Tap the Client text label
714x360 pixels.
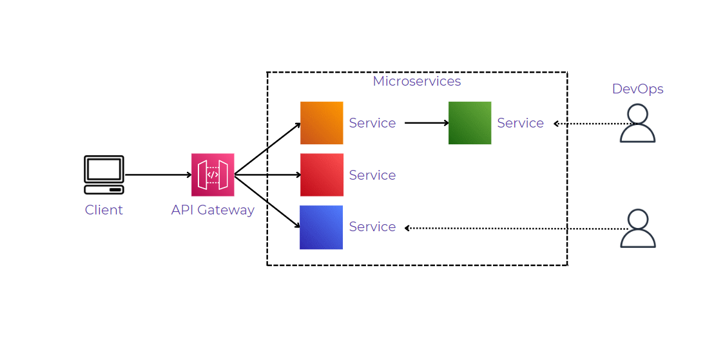tap(104, 210)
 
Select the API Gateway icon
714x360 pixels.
tap(213, 175)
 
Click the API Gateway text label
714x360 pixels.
tap(213, 210)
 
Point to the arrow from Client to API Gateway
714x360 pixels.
tap(158, 175)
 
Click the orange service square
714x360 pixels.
tap(322, 123)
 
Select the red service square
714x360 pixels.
tap(322, 175)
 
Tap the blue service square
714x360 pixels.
tap(322, 227)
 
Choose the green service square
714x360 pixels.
tap(470, 123)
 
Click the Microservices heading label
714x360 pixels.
tap(417, 82)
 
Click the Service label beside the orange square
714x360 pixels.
tap(372, 123)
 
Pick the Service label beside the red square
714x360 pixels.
tap(372, 175)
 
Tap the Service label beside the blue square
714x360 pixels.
tap(372, 227)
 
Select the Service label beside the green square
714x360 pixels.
tap(521, 123)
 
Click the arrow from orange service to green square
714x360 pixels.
tap(426, 123)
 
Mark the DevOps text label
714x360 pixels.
tap(637, 89)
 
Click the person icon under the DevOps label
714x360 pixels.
tap(637, 123)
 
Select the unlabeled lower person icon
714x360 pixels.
tap(637, 228)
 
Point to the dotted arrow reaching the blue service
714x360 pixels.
tap(516, 228)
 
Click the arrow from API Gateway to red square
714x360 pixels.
tap(267, 175)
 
